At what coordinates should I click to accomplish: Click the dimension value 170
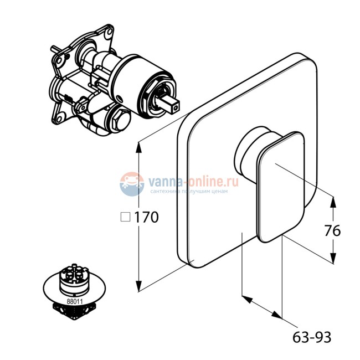tap(146, 217)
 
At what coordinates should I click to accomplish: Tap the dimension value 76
tap(332, 230)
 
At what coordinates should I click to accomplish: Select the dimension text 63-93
tap(312, 337)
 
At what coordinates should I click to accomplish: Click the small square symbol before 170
tap(125, 217)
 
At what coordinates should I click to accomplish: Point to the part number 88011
tap(75, 301)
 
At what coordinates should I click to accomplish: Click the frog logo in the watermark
tap(132, 184)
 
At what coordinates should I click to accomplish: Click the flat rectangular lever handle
tap(281, 187)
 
